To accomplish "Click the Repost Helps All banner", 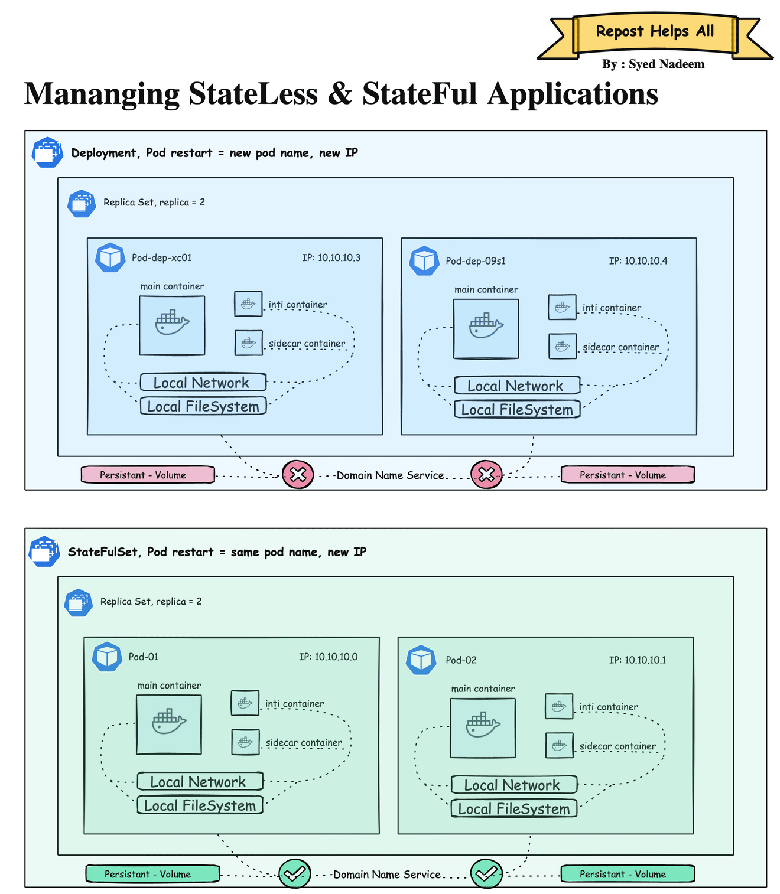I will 655,32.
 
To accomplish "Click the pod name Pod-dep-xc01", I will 161,258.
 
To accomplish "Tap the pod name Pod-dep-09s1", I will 475,261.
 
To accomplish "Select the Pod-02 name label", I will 461,660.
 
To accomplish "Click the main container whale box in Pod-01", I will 169,725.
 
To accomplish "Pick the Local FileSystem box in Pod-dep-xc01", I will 203,406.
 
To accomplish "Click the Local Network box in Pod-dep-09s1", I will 517,386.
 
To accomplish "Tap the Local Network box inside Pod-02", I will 513,785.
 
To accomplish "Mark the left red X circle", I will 298,475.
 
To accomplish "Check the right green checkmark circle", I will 486,873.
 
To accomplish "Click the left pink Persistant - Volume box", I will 148,475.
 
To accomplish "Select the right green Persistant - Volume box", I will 627,874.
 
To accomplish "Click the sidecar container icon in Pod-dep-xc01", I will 249,343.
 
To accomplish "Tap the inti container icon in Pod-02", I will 559,706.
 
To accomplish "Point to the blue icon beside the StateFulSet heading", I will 44,552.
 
